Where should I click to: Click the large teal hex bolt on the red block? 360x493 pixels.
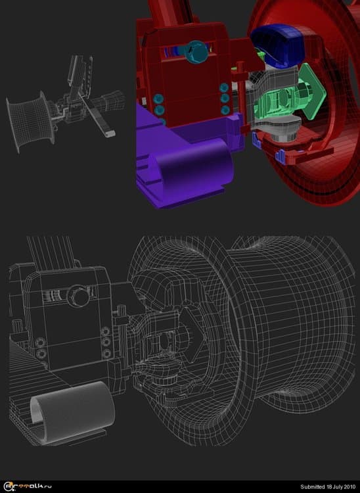point(196,52)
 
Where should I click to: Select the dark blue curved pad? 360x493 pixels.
point(279,45)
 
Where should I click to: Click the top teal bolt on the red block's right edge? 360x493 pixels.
point(224,87)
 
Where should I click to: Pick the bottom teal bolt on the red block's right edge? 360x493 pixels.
point(225,110)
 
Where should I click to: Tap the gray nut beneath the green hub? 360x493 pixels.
point(283,136)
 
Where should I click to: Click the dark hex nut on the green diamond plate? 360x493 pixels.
point(303,91)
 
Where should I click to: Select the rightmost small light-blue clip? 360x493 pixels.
point(280,156)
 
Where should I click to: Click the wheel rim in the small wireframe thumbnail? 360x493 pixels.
point(30,121)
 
